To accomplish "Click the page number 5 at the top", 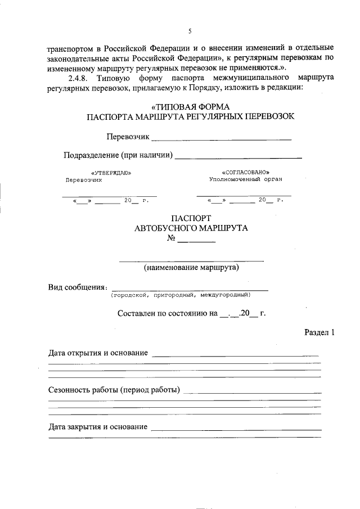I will click(x=190, y=30).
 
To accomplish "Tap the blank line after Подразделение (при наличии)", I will click(x=238, y=156).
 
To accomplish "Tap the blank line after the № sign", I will click(x=196, y=241).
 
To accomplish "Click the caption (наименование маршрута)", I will click(x=191, y=267).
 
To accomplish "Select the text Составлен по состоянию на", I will click(x=167, y=314).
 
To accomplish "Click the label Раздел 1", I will click(x=319, y=332).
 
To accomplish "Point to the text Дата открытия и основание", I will click(x=98, y=353).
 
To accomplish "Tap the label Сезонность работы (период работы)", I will click(x=114, y=390).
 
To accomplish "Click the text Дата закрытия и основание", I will click(x=98, y=427).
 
